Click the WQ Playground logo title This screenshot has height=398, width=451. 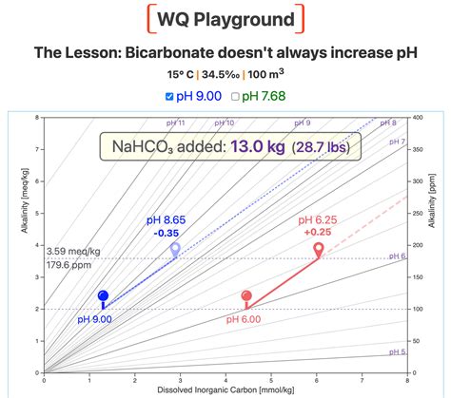click(225, 19)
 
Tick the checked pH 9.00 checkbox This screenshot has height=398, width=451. click(170, 95)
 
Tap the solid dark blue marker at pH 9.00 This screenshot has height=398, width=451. click(104, 296)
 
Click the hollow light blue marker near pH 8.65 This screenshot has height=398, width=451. click(175, 249)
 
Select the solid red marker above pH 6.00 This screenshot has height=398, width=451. click(247, 297)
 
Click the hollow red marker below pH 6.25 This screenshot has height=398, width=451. click(319, 249)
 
